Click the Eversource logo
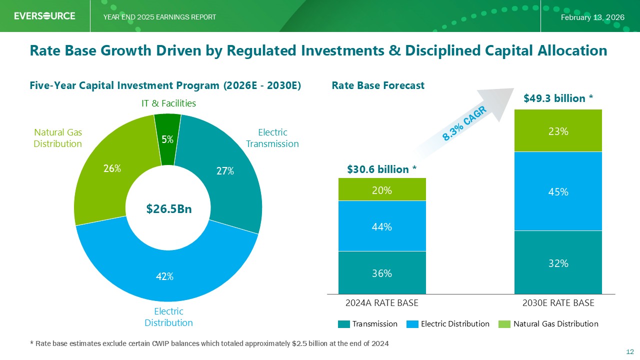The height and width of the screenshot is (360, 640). (x=44, y=16)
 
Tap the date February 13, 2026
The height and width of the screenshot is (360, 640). (x=592, y=17)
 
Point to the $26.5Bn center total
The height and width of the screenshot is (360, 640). (x=168, y=209)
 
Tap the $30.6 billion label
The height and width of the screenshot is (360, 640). (x=382, y=169)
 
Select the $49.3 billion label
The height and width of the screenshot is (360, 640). (x=558, y=98)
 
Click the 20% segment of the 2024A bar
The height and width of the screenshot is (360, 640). (x=382, y=190)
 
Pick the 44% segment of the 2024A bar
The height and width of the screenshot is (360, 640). (x=382, y=226)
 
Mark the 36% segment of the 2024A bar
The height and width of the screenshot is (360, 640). (x=382, y=273)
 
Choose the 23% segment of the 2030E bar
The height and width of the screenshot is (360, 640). (x=558, y=131)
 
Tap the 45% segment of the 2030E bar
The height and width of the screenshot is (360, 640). (x=558, y=191)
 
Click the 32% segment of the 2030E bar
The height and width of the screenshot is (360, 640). (x=558, y=262)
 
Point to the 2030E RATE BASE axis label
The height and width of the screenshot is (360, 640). (x=558, y=303)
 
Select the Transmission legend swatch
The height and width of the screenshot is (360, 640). (x=343, y=324)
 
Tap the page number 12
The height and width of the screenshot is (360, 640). (x=630, y=351)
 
